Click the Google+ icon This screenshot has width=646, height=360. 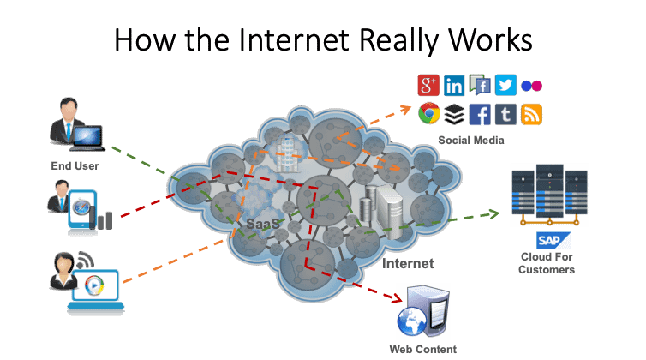[x=428, y=85]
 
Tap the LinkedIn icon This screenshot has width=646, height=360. [x=454, y=85]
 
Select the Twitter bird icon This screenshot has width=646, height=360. [x=505, y=84]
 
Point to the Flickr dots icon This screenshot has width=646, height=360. [x=531, y=85]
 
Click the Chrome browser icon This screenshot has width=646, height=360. [x=428, y=113]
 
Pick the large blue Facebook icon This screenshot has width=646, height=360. [x=480, y=113]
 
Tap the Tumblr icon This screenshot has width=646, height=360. [x=505, y=113]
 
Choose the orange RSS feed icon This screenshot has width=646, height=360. [x=532, y=113]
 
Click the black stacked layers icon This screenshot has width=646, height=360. [x=454, y=113]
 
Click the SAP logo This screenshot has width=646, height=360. [x=547, y=239]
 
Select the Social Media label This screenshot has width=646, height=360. [x=470, y=139]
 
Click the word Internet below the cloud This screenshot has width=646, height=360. [x=409, y=263]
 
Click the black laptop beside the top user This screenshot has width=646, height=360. [x=88, y=136]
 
